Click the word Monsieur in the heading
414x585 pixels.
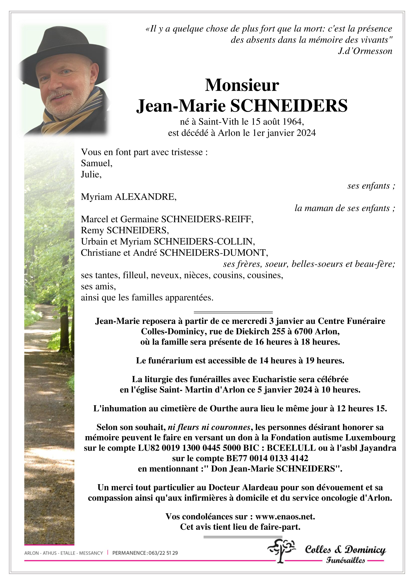242,85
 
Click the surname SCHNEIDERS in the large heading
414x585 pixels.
289,106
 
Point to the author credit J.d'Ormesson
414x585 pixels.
365,51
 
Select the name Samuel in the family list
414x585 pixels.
96,163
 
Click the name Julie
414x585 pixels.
90,174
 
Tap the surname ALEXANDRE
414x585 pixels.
146,197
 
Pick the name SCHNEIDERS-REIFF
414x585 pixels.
207,219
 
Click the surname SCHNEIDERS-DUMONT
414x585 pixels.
213,253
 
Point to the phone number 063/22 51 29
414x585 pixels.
163,553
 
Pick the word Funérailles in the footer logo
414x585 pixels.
345,560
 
